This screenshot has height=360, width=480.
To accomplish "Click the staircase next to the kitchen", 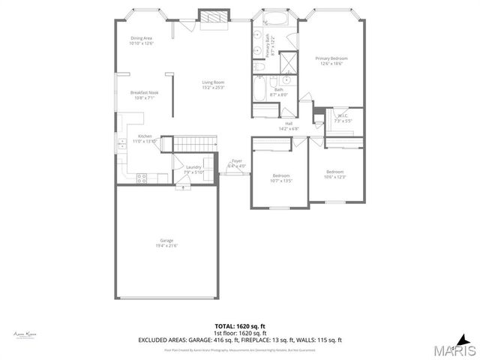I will (x=196, y=142).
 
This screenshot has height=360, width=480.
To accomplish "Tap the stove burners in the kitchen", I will (x=140, y=178).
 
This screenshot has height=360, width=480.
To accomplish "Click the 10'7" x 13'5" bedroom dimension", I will (x=280, y=180).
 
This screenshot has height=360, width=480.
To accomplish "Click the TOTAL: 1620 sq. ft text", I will (x=240, y=326).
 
